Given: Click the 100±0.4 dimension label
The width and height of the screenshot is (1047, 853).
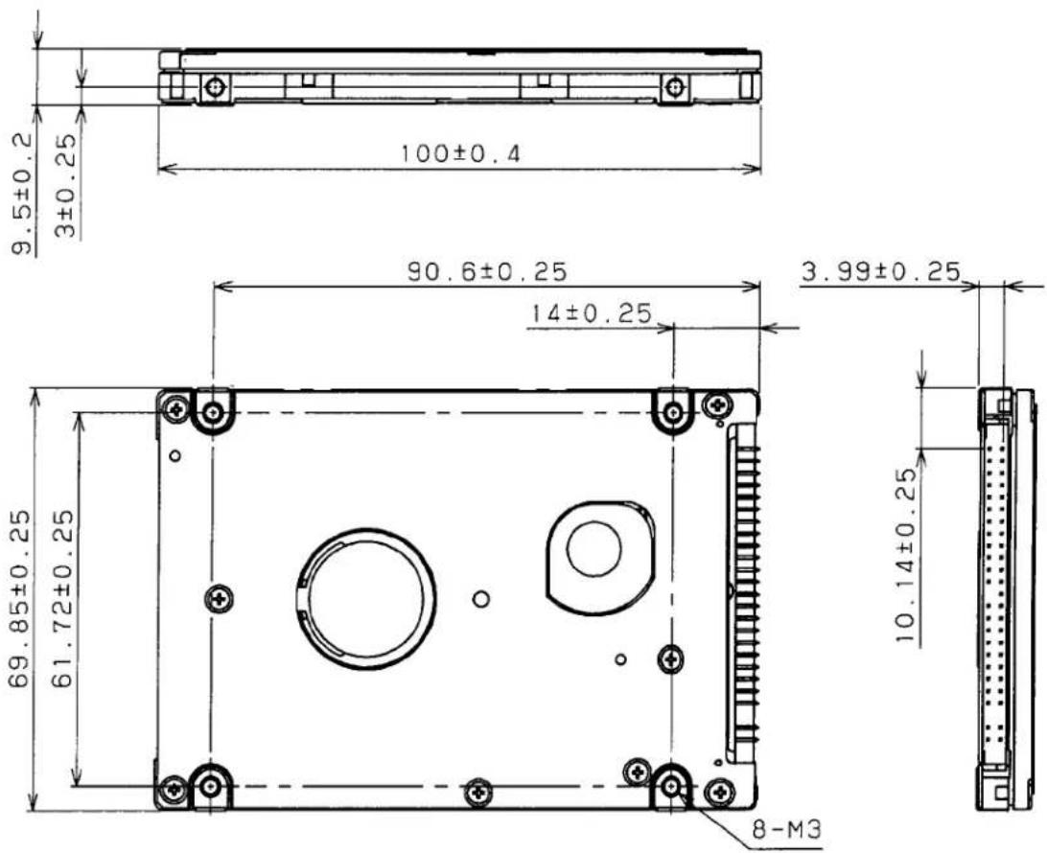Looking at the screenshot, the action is coord(459,153).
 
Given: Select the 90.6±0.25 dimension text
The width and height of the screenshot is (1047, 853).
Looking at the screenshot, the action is coord(487,271).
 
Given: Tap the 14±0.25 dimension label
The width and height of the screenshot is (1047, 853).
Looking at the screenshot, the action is coord(591,313).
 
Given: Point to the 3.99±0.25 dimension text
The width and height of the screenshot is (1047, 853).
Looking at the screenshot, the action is coord(880,271).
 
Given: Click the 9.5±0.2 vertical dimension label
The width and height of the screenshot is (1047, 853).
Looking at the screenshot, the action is coord(22,194).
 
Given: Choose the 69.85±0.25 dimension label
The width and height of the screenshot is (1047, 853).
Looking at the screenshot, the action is coord(18,599).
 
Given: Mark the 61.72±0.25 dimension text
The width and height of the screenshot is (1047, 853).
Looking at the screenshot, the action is coord(61,599).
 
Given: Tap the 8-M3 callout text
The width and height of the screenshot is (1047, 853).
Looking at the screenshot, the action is coord(785,830).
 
